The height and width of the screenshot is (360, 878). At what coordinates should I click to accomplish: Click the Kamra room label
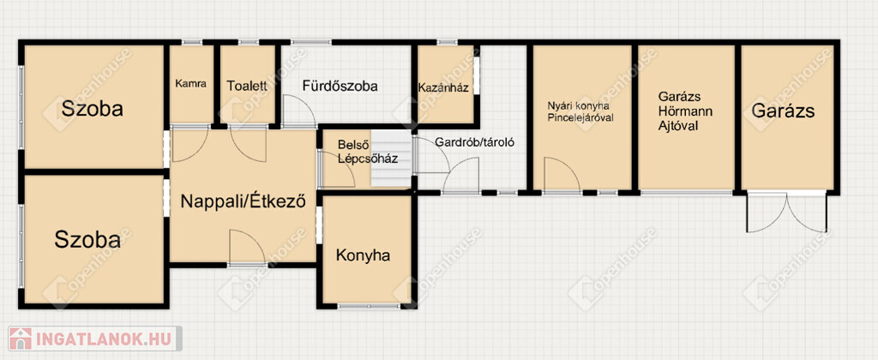tap(190, 84)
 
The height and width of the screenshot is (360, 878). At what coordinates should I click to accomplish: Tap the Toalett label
tap(247, 87)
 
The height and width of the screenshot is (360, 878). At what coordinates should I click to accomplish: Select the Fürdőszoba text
tap(340, 87)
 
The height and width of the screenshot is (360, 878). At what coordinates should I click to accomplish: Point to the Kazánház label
tap(443, 88)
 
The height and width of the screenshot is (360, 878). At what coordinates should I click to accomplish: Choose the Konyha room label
tap(363, 256)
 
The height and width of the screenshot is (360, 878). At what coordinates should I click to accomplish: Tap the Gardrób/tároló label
tap(474, 142)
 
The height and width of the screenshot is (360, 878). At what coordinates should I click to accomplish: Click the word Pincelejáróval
tap(580, 117)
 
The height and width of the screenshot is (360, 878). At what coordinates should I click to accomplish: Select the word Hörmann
tap(685, 111)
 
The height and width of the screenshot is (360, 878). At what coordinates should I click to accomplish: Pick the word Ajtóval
tap(678, 125)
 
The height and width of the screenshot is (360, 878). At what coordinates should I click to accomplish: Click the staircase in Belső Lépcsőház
tap(391, 159)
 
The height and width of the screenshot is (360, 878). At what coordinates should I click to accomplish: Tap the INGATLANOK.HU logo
tap(94, 339)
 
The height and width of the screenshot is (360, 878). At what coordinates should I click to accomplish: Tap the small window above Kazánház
tap(447, 42)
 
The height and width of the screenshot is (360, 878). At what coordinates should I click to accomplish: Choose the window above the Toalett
tap(249, 42)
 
